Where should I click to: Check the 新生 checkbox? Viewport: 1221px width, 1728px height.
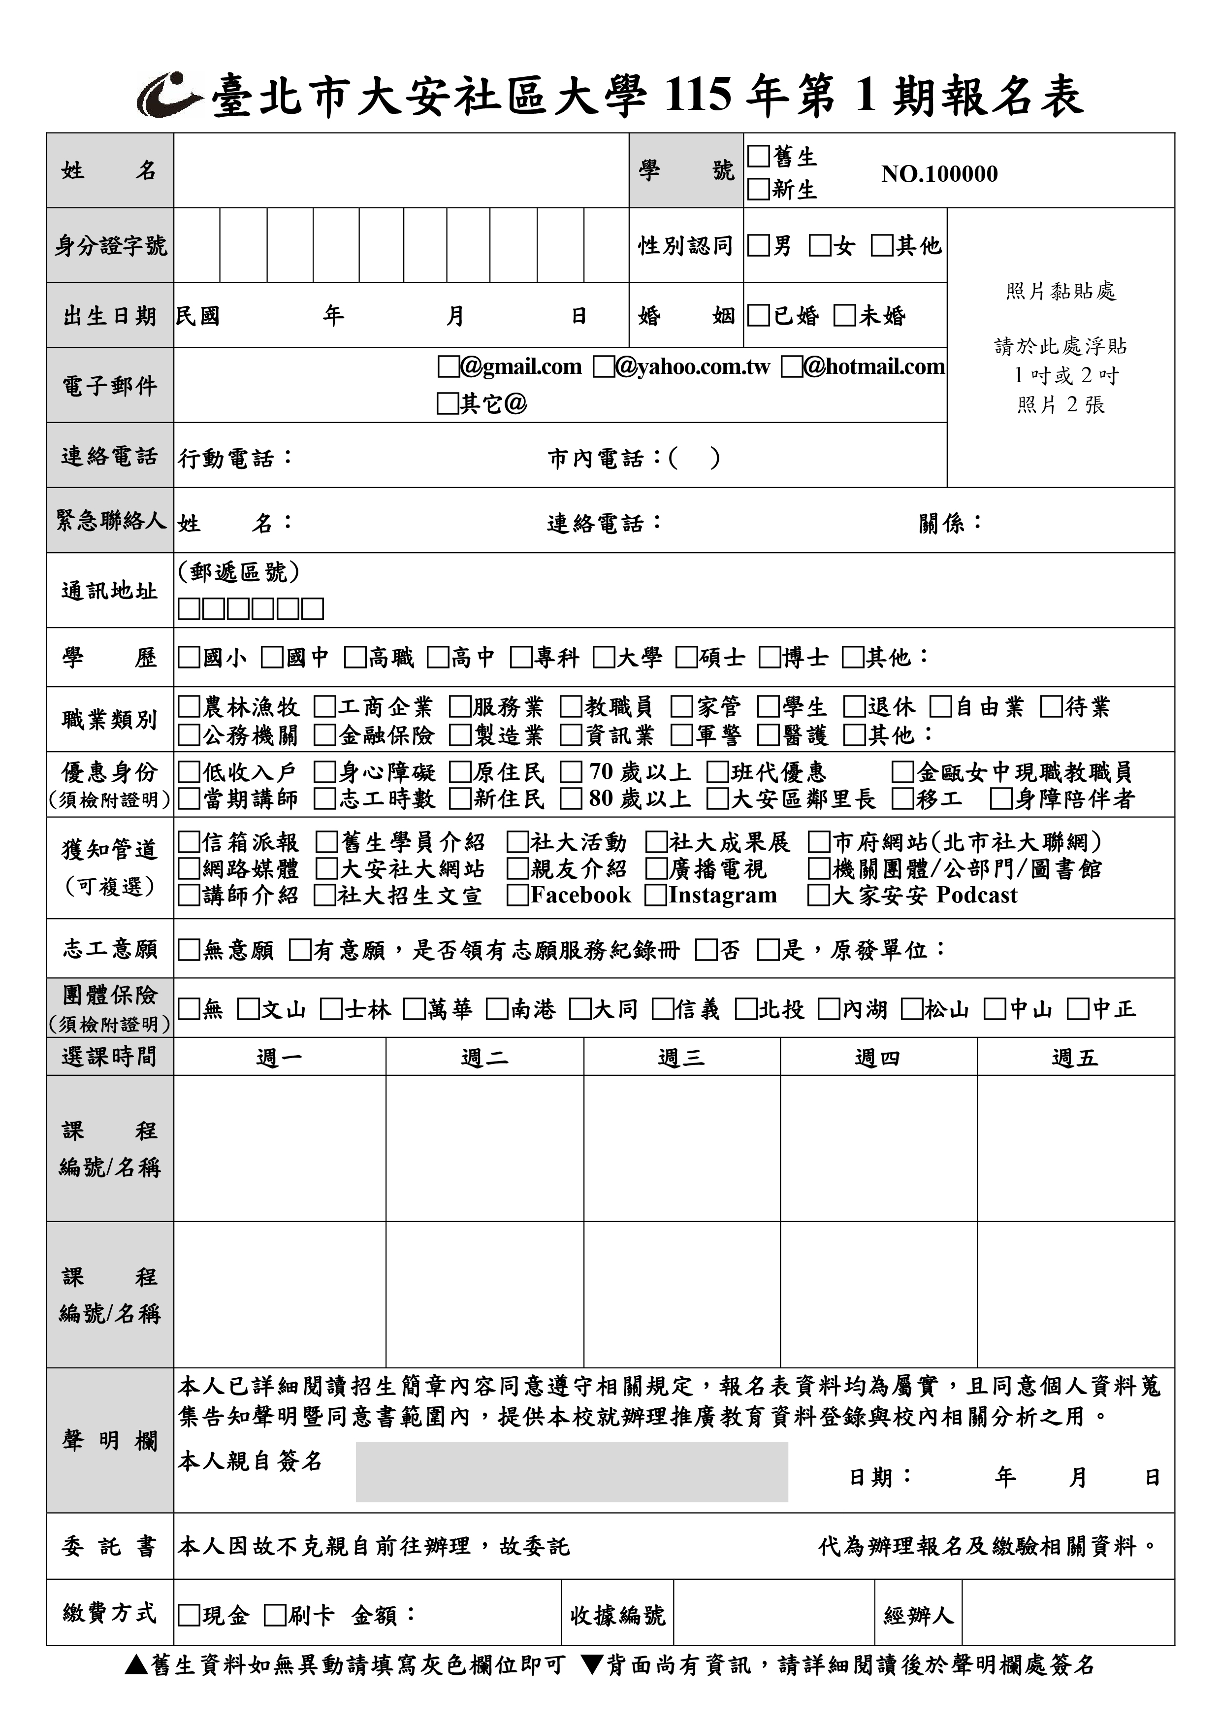point(758,189)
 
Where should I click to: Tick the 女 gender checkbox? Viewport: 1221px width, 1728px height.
point(819,245)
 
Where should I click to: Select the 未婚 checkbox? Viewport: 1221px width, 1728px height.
point(845,315)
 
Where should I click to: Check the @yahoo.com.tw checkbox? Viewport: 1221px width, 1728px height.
point(603,367)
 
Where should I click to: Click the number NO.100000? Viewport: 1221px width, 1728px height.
point(939,174)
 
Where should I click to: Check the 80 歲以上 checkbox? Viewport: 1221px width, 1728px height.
point(571,798)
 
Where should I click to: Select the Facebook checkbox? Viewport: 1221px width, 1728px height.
point(517,896)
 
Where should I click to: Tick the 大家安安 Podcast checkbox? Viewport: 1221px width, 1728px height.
point(818,896)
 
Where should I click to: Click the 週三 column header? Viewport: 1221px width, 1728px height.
point(681,1058)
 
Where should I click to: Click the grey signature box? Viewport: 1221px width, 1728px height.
point(571,1472)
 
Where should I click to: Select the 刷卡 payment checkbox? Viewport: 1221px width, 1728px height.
point(275,1615)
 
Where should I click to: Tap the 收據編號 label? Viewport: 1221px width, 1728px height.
point(617,1615)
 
